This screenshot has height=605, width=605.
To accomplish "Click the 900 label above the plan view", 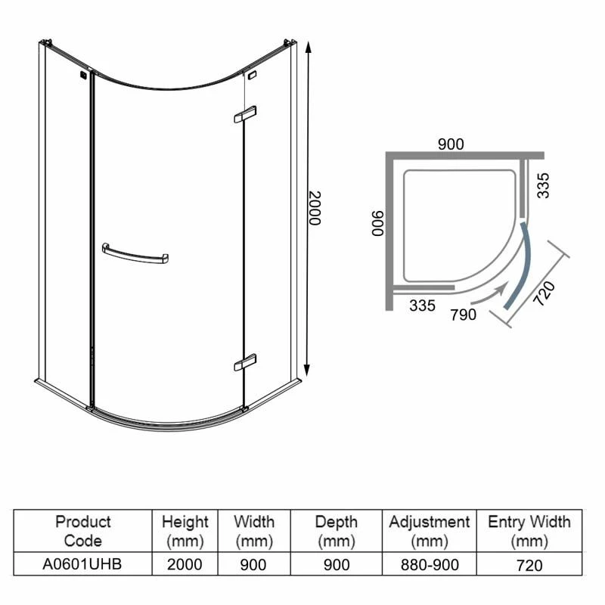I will tap(451, 144).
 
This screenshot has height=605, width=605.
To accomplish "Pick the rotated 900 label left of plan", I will tap(377, 223).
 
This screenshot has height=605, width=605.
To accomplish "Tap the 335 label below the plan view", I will tap(423, 306).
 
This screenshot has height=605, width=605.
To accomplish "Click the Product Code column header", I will tap(83, 531).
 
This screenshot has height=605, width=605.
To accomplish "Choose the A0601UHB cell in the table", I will tap(83, 564).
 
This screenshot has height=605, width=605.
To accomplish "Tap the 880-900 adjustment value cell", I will tap(429, 564).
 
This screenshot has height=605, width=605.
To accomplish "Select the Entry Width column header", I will tap(529, 531).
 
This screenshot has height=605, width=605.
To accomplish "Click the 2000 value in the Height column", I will tap(185, 564).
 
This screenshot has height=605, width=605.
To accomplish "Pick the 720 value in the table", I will tap(529, 564).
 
